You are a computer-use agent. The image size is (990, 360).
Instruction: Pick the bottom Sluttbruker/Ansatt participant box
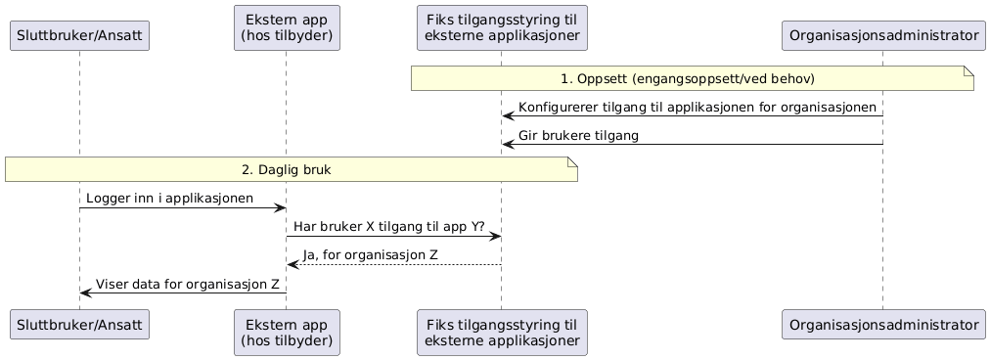[79, 324]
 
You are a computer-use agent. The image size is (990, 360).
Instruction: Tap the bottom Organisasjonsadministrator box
[882, 324]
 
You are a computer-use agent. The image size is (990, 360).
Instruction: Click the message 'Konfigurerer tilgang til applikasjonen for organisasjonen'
[697, 107]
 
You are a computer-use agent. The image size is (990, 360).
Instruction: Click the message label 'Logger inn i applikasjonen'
[169, 199]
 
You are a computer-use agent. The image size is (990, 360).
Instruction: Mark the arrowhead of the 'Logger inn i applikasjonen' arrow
[280, 207]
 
